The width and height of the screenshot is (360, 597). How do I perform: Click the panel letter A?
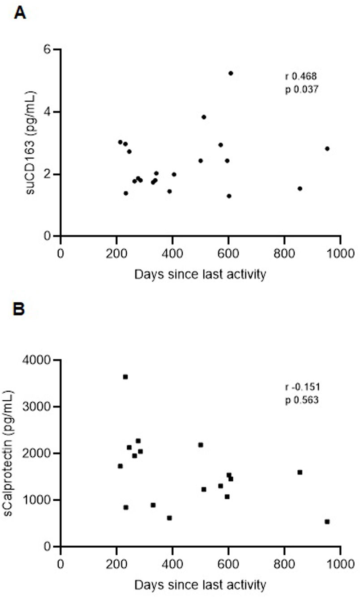point(20,13)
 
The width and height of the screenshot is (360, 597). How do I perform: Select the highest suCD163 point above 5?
point(231,73)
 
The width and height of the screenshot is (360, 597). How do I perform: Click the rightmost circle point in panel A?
point(327,149)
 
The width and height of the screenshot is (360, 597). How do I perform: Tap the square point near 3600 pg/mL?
point(125,377)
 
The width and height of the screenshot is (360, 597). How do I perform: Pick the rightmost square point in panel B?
point(327,521)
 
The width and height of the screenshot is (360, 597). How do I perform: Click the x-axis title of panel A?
point(200,274)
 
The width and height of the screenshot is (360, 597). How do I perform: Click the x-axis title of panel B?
point(200,584)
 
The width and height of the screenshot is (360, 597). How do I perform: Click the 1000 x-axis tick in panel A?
point(340,251)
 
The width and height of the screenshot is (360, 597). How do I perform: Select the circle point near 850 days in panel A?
point(300,189)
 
